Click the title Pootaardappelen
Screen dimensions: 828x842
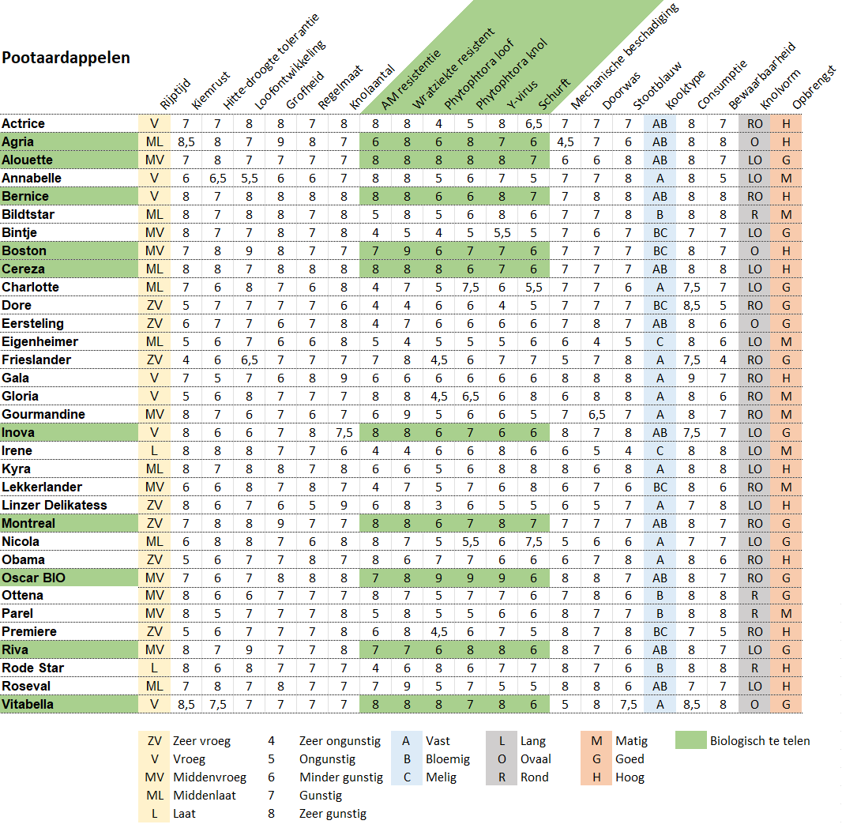click(66, 58)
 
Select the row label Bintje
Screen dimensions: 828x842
click(20, 232)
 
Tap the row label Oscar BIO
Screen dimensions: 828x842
click(33, 578)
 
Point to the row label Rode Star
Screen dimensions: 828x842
click(32, 668)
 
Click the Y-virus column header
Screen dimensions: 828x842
click(521, 94)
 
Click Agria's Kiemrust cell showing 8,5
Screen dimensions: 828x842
click(186, 142)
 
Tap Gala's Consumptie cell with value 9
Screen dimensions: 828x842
click(692, 378)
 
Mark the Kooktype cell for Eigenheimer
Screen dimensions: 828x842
click(660, 341)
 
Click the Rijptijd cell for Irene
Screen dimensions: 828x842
click(155, 450)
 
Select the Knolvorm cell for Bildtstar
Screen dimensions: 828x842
click(755, 214)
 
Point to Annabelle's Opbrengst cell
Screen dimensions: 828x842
click(786, 178)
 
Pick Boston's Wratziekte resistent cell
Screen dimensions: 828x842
click(407, 250)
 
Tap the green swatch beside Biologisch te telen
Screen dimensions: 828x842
click(690, 741)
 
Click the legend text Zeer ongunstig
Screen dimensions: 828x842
click(340, 741)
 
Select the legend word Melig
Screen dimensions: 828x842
click(442, 777)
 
